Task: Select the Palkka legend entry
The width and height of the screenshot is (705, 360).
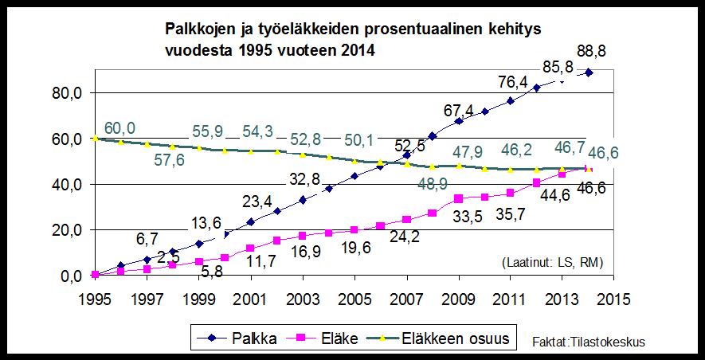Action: pyautogui.click(x=242, y=338)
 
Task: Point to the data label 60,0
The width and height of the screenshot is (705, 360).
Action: pyautogui.click(x=119, y=129)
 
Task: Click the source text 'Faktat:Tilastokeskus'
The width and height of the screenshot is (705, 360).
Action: pyautogui.click(x=589, y=342)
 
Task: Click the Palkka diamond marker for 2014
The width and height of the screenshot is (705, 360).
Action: pyautogui.click(x=589, y=72)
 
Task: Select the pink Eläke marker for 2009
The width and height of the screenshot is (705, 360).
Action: pyautogui.click(x=459, y=198)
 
